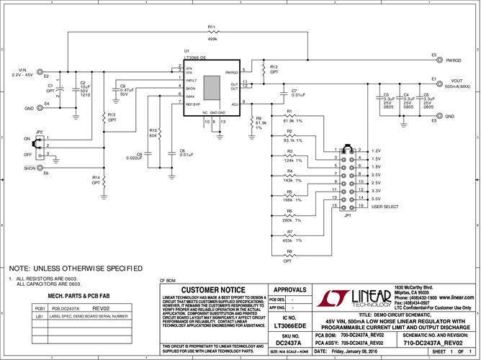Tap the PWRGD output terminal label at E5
454,60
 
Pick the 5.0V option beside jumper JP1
375,198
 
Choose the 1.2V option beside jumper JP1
375,151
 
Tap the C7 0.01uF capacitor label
299,93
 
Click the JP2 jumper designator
39,132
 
